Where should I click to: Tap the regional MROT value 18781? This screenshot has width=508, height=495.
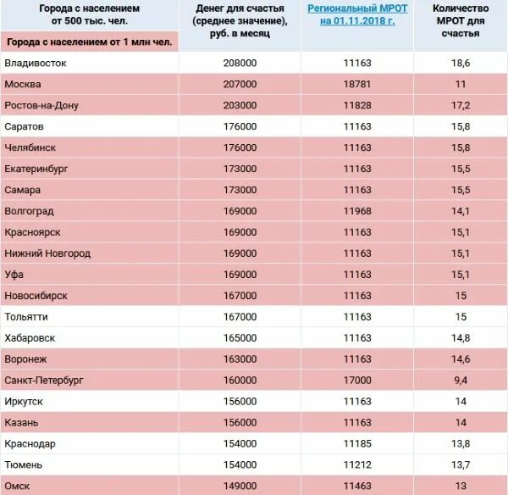pos(357,85)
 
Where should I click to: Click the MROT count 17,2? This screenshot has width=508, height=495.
pos(461,105)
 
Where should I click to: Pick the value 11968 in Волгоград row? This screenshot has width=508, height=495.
pos(357,211)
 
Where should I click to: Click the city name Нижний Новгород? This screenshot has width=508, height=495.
pos(47,253)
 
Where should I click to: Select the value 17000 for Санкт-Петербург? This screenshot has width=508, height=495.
pos(357,380)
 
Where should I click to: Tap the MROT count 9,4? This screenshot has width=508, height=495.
pos(461,380)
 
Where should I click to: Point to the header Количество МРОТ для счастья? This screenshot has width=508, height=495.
pos(461,20)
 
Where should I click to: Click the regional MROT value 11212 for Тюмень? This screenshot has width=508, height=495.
pos(357,464)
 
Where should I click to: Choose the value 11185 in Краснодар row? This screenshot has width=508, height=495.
pos(357,443)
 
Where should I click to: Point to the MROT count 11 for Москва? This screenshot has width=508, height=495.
pos(461,85)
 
